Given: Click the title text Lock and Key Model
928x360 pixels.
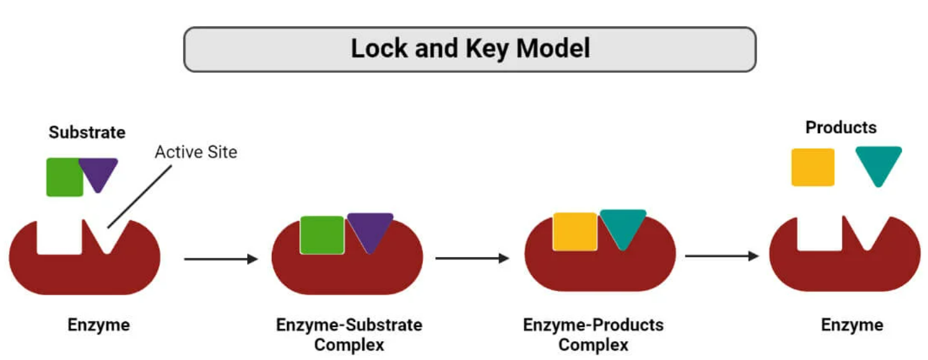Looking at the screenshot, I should (x=470, y=49).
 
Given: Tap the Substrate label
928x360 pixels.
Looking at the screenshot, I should (x=87, y=133).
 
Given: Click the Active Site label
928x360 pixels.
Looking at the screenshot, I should (x=196, y=152).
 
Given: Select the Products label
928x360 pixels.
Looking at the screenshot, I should (x=840, y=128).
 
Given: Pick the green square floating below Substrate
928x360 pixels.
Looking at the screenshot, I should (x=64, y=177).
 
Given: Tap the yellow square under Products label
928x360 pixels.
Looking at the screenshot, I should (x=812, y=167).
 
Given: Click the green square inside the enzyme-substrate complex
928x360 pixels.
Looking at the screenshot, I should (x=322, y=235).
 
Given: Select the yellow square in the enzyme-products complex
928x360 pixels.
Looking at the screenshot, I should (x=574, y=232).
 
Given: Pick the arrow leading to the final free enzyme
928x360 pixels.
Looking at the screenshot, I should (x=722, y=256).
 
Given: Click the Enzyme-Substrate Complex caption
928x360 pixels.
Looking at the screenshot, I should (x=349, y=335).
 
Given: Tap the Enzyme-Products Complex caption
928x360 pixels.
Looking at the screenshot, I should (x=593, y=335).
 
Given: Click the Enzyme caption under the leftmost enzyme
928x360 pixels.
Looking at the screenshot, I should (x=98, y=325).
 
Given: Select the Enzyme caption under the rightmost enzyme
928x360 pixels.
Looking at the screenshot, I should (x=852, y=325).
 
